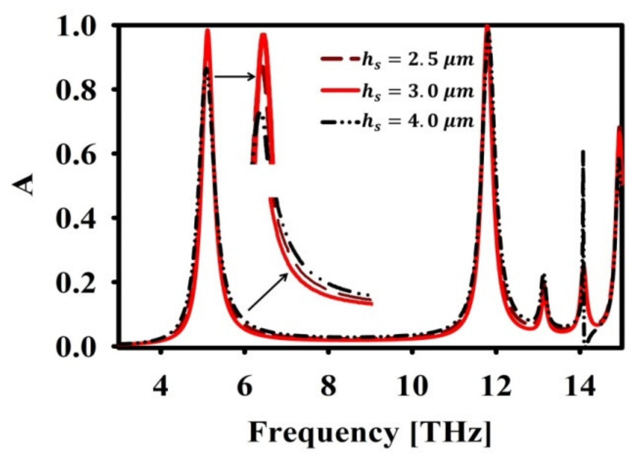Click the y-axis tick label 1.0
pyautogui.click(x=77, y=27)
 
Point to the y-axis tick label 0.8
pyautogui.click(x=77, y=91)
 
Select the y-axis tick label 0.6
pyautogui.click(x=77, y=155)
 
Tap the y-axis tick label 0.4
pyautogui.click(x=77, y=219)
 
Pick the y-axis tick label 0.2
pyautogui.click(x=77, y=283)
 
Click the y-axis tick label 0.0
pyautogui.click(x=77, y=348)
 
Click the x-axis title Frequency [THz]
pyautogui.click(x=369, y=433)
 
